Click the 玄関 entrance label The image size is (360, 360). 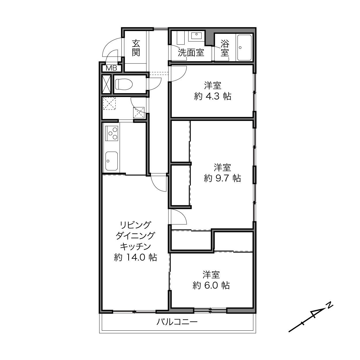tap(136, 48)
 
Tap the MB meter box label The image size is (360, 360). tap(111, 68)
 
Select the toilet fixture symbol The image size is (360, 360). tap(124, 84)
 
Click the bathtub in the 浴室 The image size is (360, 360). tap(244, 48)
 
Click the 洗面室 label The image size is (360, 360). tap(191, 53)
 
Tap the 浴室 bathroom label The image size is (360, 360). tap(225, 48)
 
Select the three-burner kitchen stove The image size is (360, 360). tap(112, 133)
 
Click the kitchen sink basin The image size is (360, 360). tap(112, 161)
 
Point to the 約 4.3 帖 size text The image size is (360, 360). tap(212, 96)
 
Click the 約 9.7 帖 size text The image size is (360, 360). tap(222, 178)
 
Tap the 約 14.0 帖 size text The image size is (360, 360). tap(135, 257)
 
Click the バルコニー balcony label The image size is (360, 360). tap(177, 322)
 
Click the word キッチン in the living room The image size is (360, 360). tap(135, 247)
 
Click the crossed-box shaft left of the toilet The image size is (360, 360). tap(107, 84)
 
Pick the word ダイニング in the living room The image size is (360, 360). tap(135, 236)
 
